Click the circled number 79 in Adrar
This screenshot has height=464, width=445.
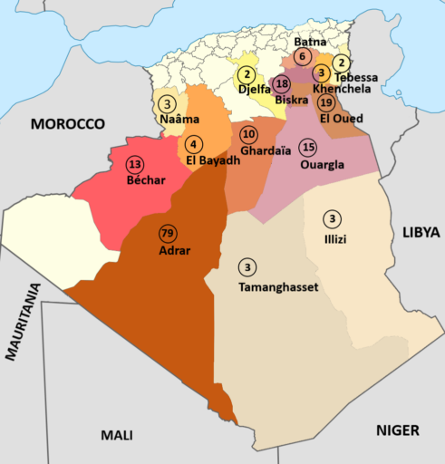point(167,232)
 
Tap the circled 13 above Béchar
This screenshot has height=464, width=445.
point(135,164)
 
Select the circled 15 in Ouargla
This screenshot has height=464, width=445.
point(308,147)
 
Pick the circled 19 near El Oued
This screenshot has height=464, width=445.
point(326,101)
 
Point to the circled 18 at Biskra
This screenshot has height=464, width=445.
point(281,83)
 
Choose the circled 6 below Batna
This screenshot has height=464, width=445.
point(302,56)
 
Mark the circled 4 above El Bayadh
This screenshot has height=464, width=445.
point(193,143)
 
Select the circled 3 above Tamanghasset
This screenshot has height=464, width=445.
point(247,266)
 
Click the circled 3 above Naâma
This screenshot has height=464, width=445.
point(167,104)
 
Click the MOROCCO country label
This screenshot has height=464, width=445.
point(68,123)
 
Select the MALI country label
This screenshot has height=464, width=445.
point(117,435)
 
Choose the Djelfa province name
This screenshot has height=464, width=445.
point(255,90)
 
